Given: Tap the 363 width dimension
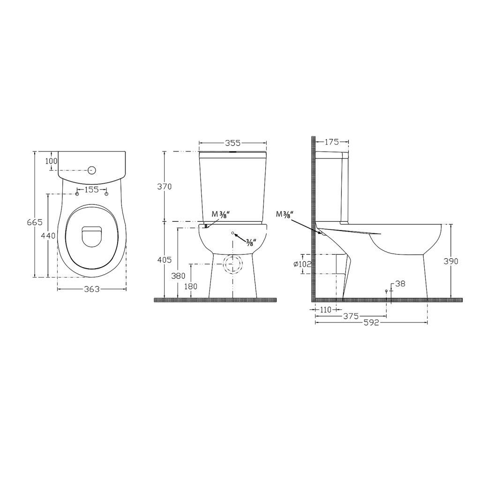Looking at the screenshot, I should click(x=92, y=289).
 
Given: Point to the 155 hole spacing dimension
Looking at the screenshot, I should click(x=92, y=190).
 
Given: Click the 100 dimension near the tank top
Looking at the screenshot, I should click(x=51, y=161).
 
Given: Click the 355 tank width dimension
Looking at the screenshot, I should click(x=233, y=142).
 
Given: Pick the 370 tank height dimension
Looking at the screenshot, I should click(x=165, y=186).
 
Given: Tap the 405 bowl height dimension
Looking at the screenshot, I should click(x=165, y=259).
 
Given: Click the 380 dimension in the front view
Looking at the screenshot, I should click(x=179, y=276).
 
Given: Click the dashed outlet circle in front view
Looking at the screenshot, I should click(x=233, y=265).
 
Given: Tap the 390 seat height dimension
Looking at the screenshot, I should click(x=451, y=261).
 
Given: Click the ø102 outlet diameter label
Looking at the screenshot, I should click(x=302, y=264).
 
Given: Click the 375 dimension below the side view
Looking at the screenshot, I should click(x=351, y=316).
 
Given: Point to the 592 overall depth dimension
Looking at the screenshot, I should click(x=371, y=322).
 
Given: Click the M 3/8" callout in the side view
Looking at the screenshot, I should click(x=284, y=215).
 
